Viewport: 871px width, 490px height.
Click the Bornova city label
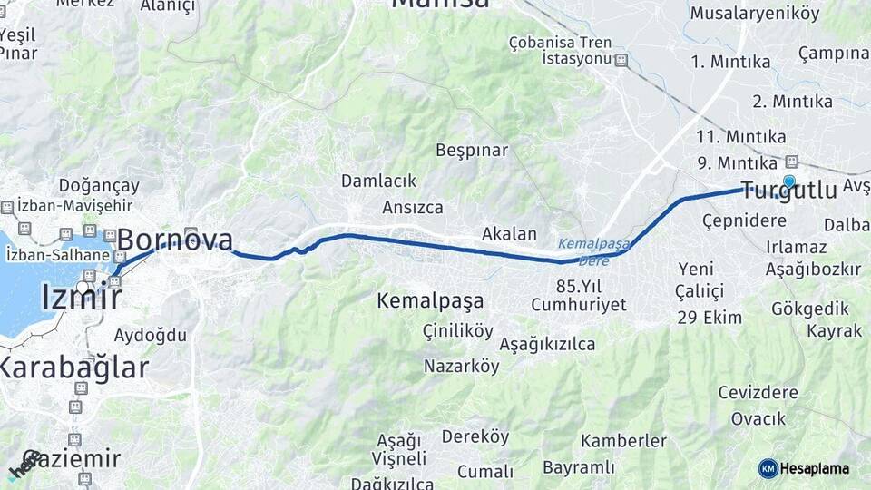point(174,240)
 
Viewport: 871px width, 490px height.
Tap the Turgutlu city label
point(788,191)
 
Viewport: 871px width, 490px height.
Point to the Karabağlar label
point(73,367)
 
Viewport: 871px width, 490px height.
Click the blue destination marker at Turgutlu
point(789,181)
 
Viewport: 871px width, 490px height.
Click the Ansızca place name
point(413,207)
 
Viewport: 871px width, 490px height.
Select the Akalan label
point(509,233)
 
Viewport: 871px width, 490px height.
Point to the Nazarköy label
point(461,367)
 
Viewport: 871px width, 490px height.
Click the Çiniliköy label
point(457,332)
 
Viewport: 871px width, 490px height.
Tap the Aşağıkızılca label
point(547,344)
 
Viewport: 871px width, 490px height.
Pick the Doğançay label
point(99,185)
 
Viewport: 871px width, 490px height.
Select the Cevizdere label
point(758,393)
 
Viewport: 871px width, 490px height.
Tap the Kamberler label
point(623,441)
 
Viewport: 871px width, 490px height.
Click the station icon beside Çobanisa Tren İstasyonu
point(621,60)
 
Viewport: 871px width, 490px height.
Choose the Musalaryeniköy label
point(754,14)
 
